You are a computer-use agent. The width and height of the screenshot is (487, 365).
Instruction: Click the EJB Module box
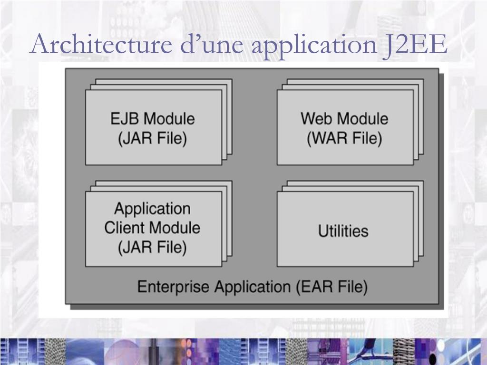click(x=153, y=127)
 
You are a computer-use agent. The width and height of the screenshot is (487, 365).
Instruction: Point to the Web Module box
click(x=345, y=127)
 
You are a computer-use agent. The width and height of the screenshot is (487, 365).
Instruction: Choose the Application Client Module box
click(x=153, y=229)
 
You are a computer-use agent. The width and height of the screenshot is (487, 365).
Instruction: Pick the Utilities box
click(x=345, y=229)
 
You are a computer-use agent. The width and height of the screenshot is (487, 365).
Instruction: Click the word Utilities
click(x=343, y=231)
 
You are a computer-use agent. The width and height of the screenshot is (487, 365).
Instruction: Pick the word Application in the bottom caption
click(x=251, y=288)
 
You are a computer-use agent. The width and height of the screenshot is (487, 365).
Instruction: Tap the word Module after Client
click(x=174, y=228)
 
